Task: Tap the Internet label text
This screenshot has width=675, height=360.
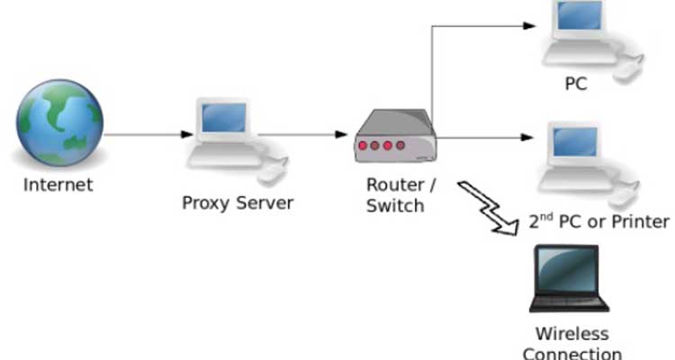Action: coord(58,185)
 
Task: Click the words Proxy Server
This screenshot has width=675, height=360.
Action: coord(238,202)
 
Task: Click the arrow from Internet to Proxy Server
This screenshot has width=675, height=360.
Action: coord(148,136)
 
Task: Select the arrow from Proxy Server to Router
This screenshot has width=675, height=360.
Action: coord(301,136)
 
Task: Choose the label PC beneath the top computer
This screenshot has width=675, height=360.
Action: coord(576,85)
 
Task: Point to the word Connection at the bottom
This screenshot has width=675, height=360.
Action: coord(572,352)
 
